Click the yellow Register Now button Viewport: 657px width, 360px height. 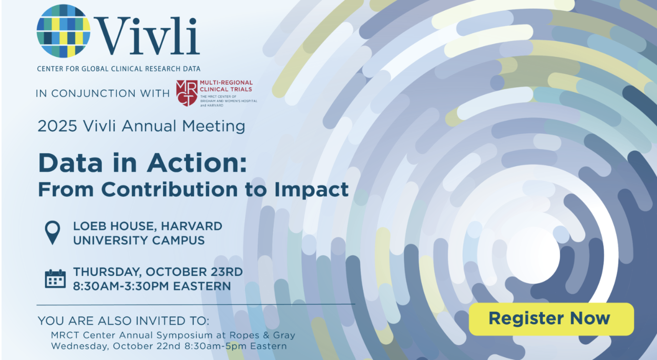pyautogui.click(x=551, y=319)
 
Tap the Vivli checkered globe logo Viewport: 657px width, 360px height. pyautogui.click(x=64, y=31)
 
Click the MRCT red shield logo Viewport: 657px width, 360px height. pyautogui.click(x=187, y=93)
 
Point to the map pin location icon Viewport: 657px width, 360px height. pyautogui.click(x=52, y=233)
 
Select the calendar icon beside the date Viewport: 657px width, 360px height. pyautogui.click(x=55, y=278)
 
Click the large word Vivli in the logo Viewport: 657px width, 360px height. pyautogui.click(x=147, y=36)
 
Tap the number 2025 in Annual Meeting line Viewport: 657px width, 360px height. pyautogui.click(x=57, y=126)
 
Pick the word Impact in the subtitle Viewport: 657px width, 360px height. pyautogui.click(x=312, y=190)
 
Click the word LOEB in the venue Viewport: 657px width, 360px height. pyautogui.click(x=90, y=226)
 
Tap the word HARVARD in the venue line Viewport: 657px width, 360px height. pyautogui.click(x=192, y=226)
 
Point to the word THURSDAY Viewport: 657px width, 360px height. pyautogui.click(x=107, y=272)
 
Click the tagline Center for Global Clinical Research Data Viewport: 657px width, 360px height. pyautogui.click(x=119, y=69)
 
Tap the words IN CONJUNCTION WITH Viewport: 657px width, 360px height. pyautogui.click(x=102, y=93)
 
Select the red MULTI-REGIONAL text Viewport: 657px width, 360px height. pyautogui.click(x=226, y=83)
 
